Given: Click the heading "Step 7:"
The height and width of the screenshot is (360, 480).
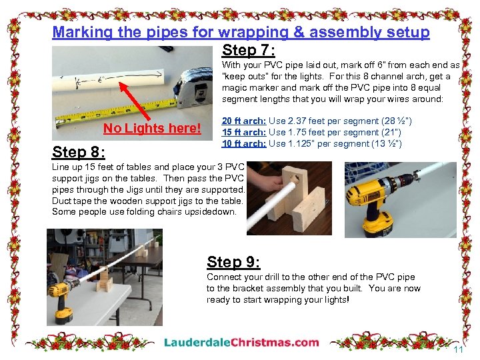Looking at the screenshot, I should pos(249,51).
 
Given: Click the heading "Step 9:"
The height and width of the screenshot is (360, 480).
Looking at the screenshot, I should pos(233,262).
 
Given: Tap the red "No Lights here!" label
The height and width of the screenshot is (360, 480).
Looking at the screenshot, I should pos(152,129).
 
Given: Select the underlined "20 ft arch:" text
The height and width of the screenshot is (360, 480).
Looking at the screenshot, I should pos(244,121).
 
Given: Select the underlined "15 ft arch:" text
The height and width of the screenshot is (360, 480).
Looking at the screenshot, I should pos(244,132).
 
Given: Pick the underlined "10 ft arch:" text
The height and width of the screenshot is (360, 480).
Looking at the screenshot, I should pos(244,143).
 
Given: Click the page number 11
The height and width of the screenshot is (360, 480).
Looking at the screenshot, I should pos(458,350).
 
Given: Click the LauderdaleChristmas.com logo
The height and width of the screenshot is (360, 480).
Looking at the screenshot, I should pos(242,343).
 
